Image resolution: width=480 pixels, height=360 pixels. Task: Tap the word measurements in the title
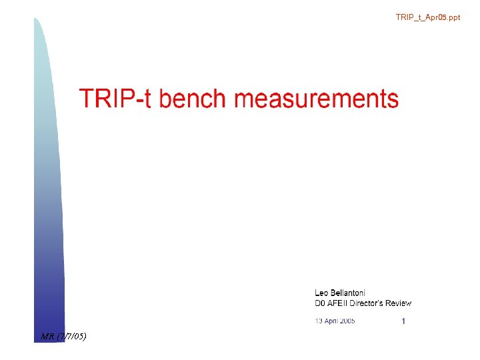click(317, 99)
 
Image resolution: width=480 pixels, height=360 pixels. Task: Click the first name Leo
click(321, 293)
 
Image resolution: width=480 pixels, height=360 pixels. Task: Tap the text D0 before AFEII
click(320, 303)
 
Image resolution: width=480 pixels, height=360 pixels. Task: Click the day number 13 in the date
click(319, 321)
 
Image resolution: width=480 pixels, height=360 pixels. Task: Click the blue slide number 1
click(403, 321)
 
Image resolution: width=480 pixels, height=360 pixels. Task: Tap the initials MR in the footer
click(47, 335)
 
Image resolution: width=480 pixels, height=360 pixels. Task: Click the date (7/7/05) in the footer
click(71, 335)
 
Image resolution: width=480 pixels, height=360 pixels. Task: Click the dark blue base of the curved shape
click(48, 313)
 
